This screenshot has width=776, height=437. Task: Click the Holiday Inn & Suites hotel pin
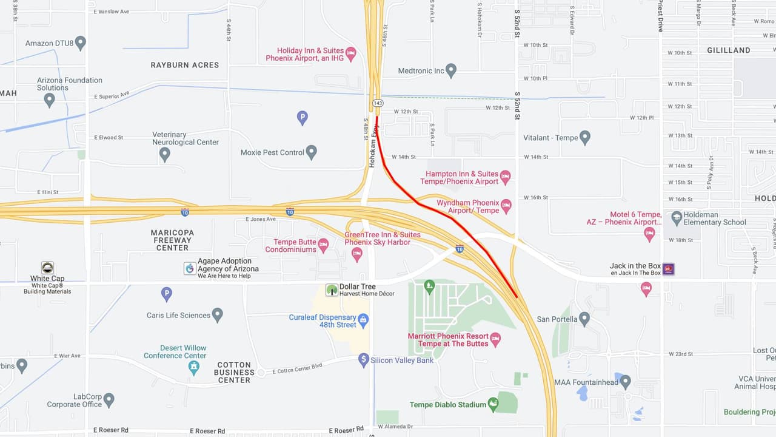[351, 54]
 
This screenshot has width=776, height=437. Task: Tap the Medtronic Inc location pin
[450, 70]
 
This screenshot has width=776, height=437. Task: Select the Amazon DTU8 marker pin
[81, 43]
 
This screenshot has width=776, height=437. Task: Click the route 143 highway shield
[377, 104]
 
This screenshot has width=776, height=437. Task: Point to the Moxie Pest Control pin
[312, 152]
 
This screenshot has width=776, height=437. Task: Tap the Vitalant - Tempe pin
[585, 137]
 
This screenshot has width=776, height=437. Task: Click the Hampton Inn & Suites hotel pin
[505, 177]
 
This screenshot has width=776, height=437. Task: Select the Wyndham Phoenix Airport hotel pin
[506, 206]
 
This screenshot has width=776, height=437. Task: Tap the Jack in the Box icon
[669, 268]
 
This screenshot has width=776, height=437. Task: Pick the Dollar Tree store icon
[332, 290]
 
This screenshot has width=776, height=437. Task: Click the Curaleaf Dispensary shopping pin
[363, 320]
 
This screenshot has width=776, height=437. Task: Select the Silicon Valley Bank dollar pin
[364, 360]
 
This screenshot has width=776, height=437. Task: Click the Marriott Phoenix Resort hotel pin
[495, 339]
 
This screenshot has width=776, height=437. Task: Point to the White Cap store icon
[47, 268]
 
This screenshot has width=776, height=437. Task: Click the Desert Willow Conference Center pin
[193, 367]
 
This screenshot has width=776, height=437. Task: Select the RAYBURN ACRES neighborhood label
[185, 65]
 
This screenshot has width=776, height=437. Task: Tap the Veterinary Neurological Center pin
[164, 154]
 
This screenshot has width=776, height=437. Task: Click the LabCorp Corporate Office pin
[109, 400]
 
